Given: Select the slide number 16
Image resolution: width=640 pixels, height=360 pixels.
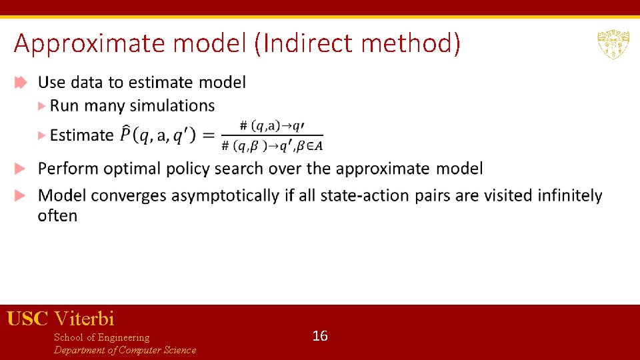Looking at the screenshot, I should coord(320,336).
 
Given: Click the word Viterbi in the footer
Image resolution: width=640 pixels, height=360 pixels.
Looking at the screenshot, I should coord(85,318).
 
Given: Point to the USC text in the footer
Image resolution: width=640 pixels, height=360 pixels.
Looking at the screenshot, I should coord(27,318).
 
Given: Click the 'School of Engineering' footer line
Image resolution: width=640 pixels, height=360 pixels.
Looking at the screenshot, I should coord(101,337).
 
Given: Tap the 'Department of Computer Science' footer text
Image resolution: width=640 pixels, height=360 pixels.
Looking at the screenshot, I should coord(125,350).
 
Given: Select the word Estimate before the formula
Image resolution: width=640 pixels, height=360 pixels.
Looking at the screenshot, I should coord(81,135).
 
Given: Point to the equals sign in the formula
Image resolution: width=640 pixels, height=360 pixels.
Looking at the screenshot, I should coord(209,135).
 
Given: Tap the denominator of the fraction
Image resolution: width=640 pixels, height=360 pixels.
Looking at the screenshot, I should coord(271,146).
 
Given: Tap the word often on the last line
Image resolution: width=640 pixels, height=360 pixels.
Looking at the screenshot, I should coord(57,216).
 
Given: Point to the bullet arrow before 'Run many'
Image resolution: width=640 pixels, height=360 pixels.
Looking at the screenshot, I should coord(42,106).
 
